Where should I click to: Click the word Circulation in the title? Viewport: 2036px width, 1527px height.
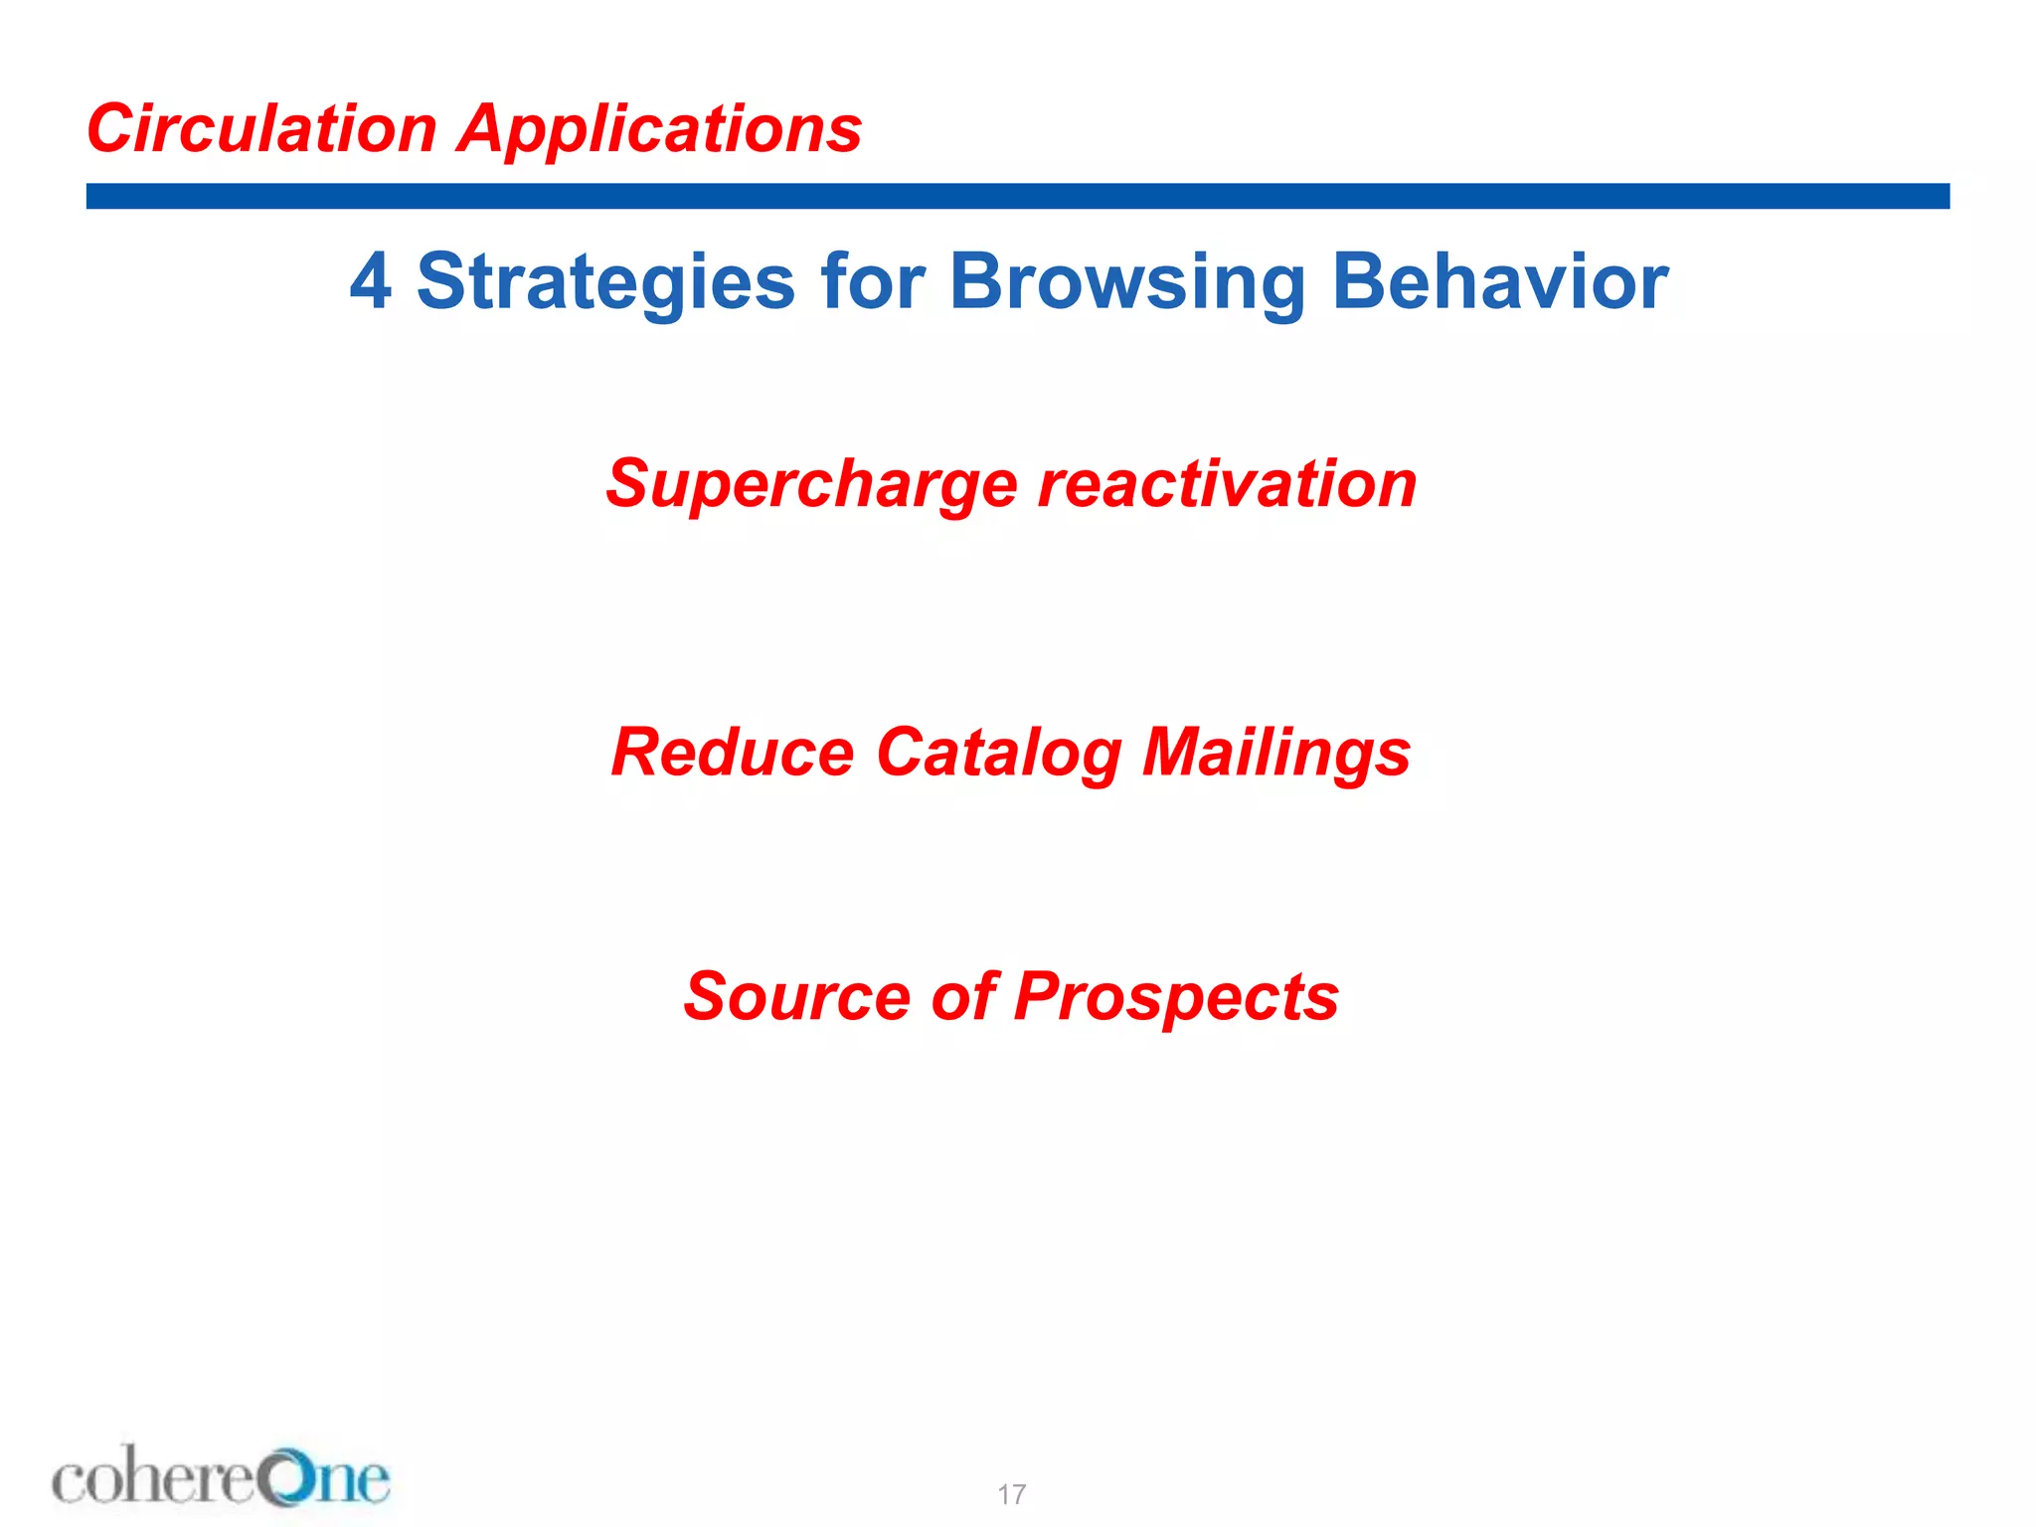[261, 129]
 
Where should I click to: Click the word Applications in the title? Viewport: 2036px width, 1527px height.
[659, 131]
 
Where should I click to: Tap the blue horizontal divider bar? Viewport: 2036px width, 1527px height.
[1017, 196]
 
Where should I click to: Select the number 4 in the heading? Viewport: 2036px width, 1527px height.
[370, 281]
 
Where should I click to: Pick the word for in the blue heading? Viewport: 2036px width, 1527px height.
[873, 281]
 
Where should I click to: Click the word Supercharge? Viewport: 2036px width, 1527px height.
[811, 485]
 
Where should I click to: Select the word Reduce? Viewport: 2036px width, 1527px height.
[732, 753]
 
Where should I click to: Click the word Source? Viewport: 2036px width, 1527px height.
[796, 996]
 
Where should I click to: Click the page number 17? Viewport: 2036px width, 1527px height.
[1011, 1494]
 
